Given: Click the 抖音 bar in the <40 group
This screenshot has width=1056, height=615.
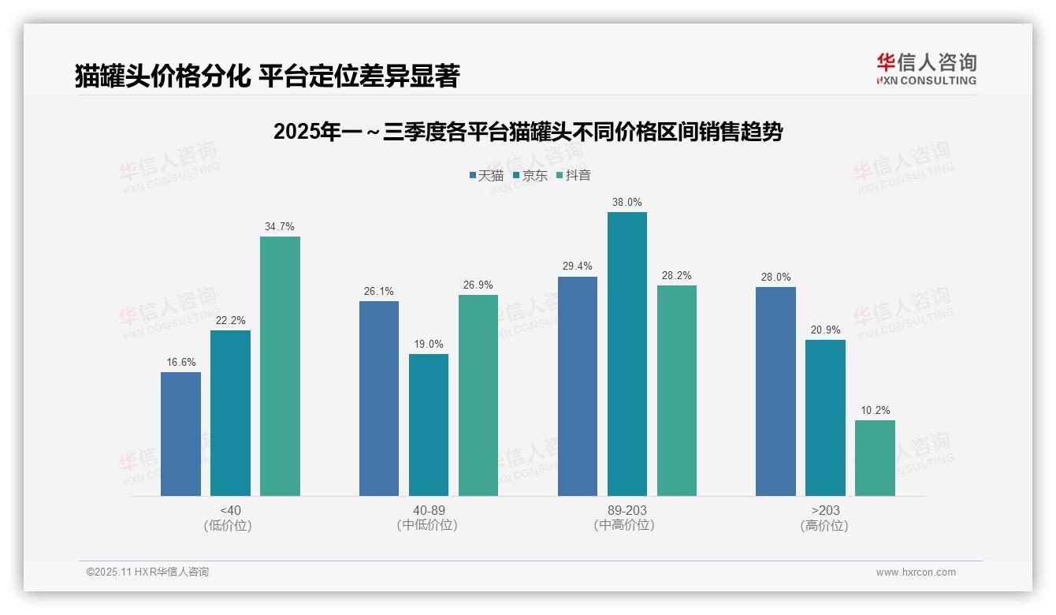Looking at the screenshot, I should [280, 366].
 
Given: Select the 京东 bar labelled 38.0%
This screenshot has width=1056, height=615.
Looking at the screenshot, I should [627, 354].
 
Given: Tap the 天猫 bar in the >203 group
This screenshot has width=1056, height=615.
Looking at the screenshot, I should [775, 391].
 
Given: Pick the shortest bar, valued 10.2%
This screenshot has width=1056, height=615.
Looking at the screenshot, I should [875, 458].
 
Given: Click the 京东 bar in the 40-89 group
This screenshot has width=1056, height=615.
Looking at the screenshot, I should [429, 425].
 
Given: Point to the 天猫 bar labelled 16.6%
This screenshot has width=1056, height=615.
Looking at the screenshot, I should [180, 434].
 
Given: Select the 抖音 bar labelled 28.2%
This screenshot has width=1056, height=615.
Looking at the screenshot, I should [677, 390].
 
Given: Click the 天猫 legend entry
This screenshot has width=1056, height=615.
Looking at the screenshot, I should [486, 176].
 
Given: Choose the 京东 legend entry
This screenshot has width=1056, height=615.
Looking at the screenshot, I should [530, 176].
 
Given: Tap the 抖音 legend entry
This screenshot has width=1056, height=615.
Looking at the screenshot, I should [573, 176].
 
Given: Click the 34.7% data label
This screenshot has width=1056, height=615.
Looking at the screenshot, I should [280, 226].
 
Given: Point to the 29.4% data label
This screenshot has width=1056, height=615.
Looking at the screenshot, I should [577, 266].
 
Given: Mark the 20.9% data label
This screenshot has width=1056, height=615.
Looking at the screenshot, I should [825, 330].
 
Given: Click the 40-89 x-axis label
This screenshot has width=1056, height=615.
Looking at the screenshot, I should [429, 510].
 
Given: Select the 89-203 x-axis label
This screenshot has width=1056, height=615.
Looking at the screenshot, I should [627, 510].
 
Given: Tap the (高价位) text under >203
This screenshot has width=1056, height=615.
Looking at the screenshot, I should [824, 525].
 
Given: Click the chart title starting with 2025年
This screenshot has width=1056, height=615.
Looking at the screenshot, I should [527, 132].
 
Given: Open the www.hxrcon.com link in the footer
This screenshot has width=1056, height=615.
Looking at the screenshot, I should [916, 572].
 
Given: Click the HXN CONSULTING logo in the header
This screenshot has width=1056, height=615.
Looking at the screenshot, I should [926, 69].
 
